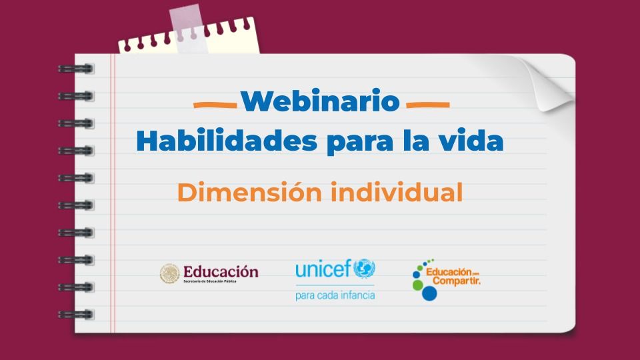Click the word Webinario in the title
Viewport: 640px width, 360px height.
[x=320, y=101]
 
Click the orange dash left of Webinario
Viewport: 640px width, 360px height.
[x=215, y=105]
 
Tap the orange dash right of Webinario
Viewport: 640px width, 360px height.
[x=427, y=105]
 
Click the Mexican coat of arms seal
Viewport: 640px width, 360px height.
[x=170, y=273]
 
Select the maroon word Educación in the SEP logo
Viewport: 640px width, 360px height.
[x=221, y=271]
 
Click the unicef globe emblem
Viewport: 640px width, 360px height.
[x=364, y=269]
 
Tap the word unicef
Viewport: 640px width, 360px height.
[x=323, y=269]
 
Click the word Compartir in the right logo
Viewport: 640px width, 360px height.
[x=456, y=280]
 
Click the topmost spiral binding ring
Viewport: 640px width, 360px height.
[x=75, y=68]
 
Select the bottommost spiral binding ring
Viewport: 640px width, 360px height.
[x=75, y=314]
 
